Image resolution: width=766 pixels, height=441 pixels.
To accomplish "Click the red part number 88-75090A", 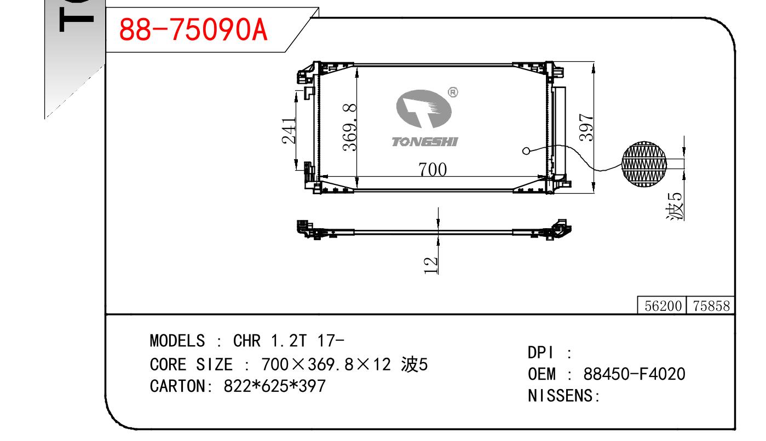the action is [193, 30].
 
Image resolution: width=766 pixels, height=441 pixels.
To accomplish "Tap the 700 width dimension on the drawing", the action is [433, 169].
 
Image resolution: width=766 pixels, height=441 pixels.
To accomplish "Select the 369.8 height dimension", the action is [350, 127].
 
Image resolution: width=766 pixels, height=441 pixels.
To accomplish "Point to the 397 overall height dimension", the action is [586, 127].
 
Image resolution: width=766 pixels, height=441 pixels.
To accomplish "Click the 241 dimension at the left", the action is [289, 130].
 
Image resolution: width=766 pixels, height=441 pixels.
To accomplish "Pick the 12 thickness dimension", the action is [430, 265].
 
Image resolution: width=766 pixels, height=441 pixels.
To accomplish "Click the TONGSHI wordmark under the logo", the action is [425, 142].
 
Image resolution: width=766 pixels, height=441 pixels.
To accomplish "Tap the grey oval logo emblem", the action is [424, 109].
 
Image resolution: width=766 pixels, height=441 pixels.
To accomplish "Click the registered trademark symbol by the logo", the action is [453, 92].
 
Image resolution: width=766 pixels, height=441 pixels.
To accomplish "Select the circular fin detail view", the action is [644, 164].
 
